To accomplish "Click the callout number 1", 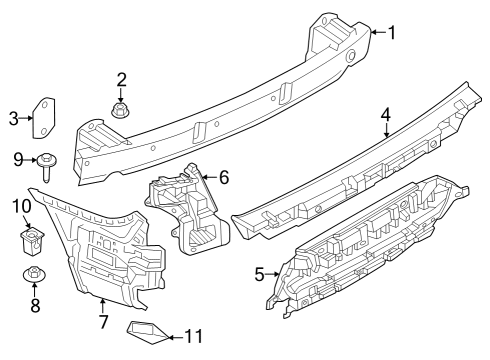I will (391, 33).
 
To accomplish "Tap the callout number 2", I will (121, 79).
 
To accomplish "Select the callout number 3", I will (14, 120).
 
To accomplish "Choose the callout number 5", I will (260, 272).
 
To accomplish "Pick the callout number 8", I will (34, 306).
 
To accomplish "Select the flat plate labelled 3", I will (46, 118).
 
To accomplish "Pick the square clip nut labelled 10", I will (33, 238).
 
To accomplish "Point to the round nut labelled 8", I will (34, 275).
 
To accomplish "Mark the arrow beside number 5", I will (274, 272).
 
